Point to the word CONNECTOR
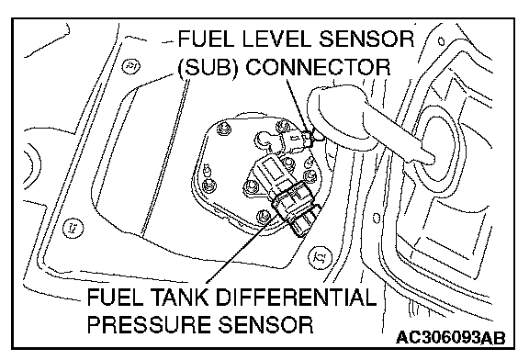318,67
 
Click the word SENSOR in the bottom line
264,324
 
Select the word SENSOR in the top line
366,39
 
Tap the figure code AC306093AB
450,337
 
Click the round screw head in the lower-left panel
73,228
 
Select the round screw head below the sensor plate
320,258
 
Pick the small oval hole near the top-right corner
441,41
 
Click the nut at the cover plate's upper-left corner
224,129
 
